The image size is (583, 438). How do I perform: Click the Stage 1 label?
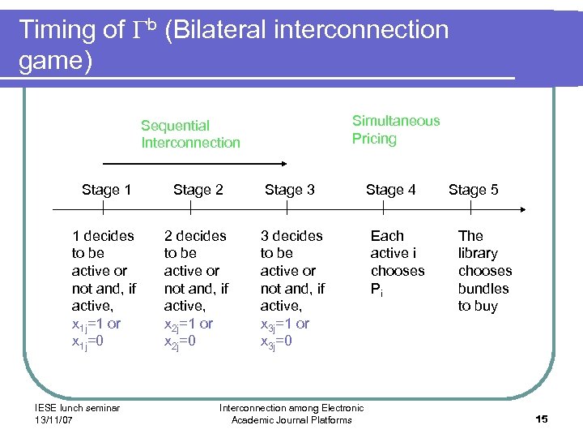[106, 190]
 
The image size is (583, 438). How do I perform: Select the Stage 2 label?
[198, 190]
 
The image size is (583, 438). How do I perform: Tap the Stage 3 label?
[289, 190]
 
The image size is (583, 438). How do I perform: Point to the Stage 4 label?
[390, 190]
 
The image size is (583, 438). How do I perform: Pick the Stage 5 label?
[473, 190]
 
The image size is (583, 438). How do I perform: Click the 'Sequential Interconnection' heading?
[190, 134]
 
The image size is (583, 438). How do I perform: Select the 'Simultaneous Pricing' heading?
[395, 130]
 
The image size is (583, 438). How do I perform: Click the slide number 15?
[542, 419]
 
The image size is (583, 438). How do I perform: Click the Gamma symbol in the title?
[138, 31]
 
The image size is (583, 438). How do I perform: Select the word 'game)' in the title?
[55, 61]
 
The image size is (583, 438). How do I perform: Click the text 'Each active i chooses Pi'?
[397, 262]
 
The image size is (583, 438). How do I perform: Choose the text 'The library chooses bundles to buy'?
[484, 271]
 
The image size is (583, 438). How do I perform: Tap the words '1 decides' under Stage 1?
[103, 236]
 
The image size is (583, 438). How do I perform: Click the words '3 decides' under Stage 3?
[291, 236]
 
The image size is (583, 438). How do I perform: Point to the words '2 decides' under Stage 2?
[195, 236]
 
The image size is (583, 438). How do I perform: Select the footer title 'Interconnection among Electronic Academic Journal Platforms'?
[291, 414]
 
